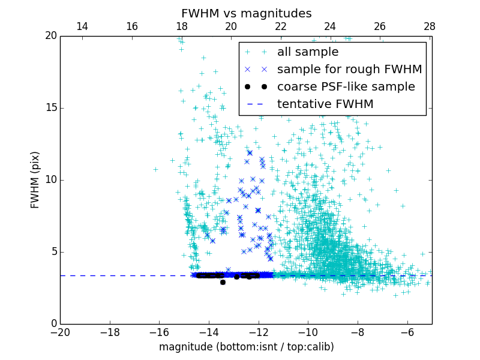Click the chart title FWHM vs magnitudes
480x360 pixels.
pyautogui.click(x=246, y=13)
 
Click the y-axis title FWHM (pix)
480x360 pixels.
pyautogui.click(x=35, y=180)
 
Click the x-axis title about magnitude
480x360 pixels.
pyautogui.click(x=246, y=347)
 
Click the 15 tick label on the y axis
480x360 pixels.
pyautogui.click(x=49, y=108)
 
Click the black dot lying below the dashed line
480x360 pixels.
pyautogui.click(x=223, y=282)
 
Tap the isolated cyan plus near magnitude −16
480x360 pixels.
pyautogui.click(x=155, y=169)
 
